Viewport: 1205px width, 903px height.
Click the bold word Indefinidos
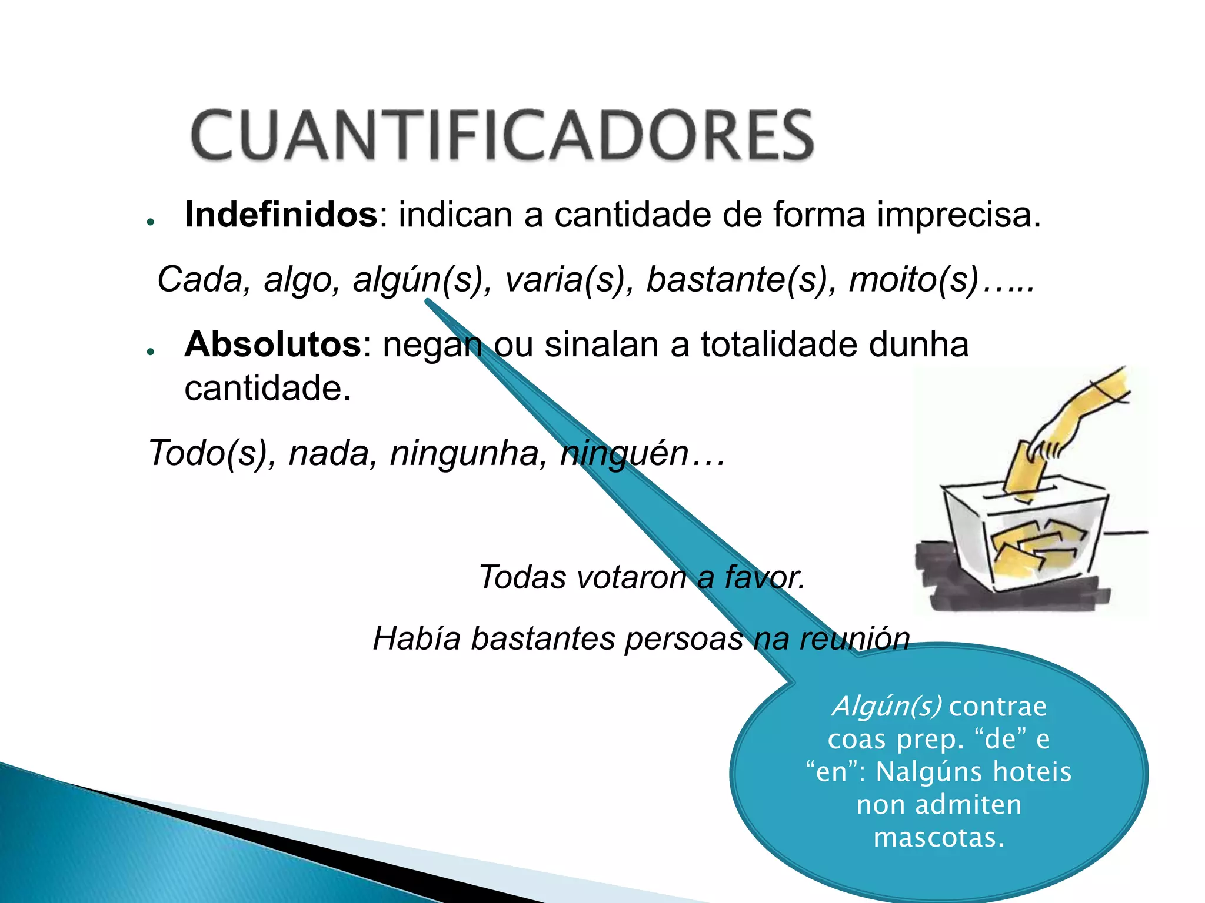281,215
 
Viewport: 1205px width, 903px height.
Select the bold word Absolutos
272,344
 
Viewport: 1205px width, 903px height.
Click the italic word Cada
200,279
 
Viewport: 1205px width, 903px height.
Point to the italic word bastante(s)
741,279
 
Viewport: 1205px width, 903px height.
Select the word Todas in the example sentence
522,577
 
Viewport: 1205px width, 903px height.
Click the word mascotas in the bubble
938,837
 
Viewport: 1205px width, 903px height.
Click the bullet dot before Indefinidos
151,222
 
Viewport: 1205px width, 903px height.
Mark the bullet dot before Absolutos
151,352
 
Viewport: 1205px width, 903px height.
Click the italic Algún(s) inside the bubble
886,706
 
